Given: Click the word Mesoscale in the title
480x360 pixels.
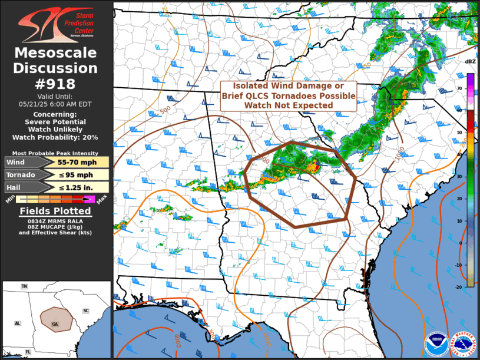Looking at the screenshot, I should (x=55, y=54).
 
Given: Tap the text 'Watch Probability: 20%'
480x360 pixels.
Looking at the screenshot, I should (x=55, y=137).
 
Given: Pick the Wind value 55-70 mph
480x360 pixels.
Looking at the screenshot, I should (x=79, y=162).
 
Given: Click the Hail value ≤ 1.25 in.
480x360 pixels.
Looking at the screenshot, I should (x=79, y=187).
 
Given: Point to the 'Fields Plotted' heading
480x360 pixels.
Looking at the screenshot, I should (x=55, y=211).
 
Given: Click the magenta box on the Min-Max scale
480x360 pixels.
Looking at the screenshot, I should (x=89, y=199).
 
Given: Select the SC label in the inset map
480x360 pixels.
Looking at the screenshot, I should (x=85, y=311).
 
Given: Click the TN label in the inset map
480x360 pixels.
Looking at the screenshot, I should (x=24, y=286).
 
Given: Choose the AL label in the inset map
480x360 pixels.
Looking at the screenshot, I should (x=17, y=323).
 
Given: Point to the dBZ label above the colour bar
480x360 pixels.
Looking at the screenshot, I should (x=470, y=61).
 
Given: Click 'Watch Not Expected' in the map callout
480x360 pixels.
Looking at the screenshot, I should (x=289, y=105).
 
